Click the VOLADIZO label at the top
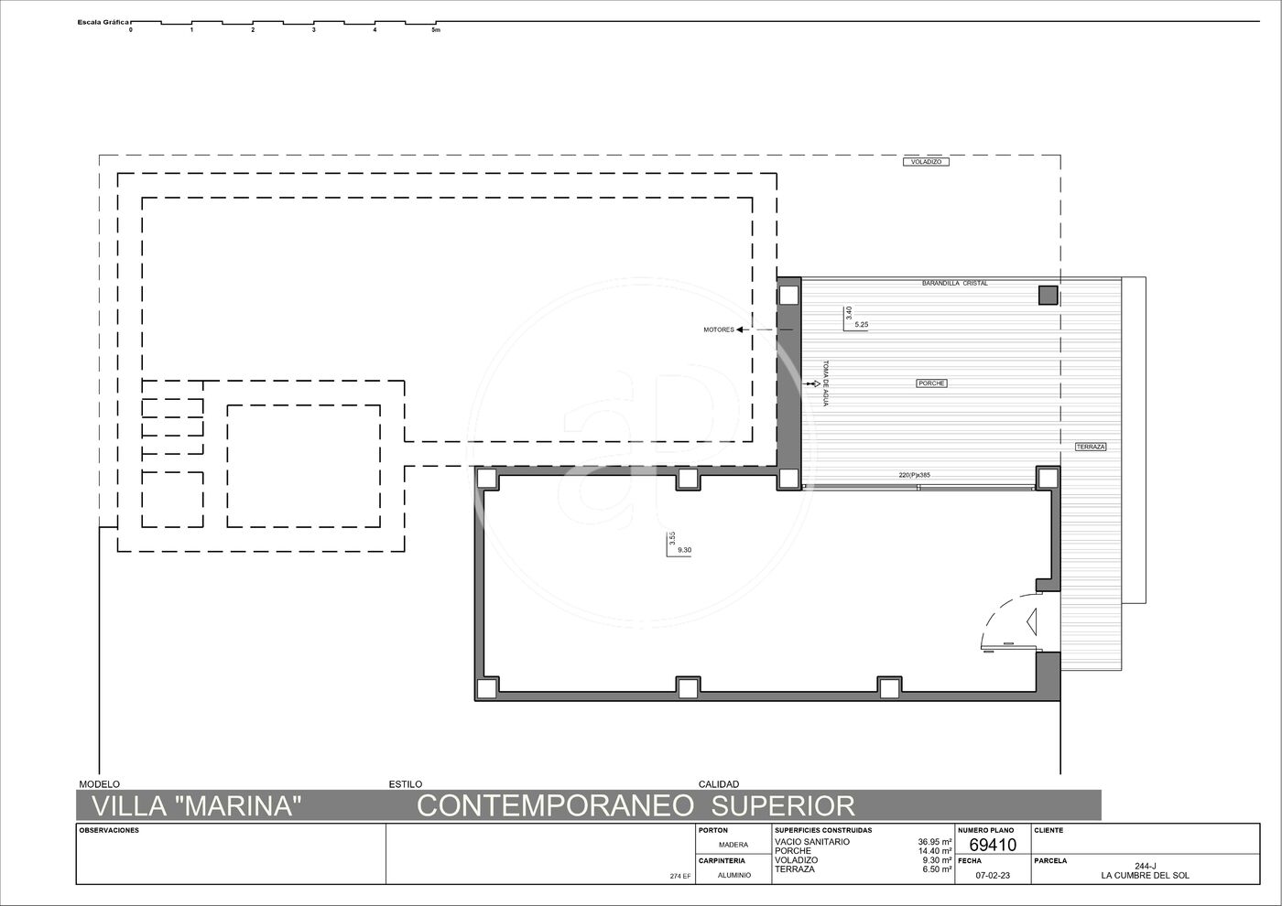tap(926, 162)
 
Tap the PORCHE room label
tap(932, 383)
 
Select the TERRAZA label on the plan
tap(1091, 447)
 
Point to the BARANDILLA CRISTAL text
tap(954, 283)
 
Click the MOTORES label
tap(718, 330)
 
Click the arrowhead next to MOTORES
tap(740, 330)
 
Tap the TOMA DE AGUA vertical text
tap(825, 383)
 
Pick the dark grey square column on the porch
tap(1048, 295)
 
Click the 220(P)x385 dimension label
tap(914, 475)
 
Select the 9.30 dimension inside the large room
tap(685, 550)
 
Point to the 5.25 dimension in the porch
tap(862, 324)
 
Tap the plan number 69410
tap(993, 845)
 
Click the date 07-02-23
tap(993, 876)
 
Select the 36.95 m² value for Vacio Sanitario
tap(935, 842)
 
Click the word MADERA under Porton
tap(733, 845)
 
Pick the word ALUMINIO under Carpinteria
tap(734, 876)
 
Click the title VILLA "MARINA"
tap(196, 806)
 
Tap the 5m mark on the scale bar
tap(436, 29)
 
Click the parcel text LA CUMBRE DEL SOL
tap(1146, 876)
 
